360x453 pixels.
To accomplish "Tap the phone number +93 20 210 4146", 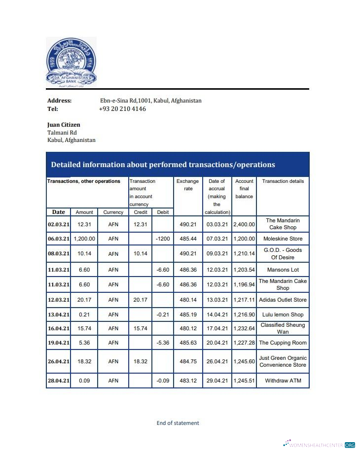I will (x=122, y=109).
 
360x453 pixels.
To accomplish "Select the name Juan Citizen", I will (x=64, y=125).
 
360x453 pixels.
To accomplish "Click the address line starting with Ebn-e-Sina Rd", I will (x=150, y=101).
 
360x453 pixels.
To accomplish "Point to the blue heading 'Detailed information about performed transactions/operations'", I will (x=163, y=165).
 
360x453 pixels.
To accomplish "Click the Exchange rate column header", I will (x=188, y=185).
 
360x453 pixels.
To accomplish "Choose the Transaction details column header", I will (x=283, y=181).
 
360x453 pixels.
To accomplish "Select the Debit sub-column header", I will (x=162, y=212).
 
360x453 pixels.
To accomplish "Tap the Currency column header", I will (x=113, y=212).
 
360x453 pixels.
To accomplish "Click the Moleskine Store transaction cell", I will (x=283, y=239).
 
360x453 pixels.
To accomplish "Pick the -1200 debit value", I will (x=163, y=239).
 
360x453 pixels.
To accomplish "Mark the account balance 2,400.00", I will (x=244, y=224).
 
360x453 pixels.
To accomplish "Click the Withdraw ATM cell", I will (x=283, y=381).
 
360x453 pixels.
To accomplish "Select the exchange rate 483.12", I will (x=188, y=381).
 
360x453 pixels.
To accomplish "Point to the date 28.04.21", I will (x=59, y=381).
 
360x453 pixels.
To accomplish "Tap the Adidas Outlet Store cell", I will (x=283, y=300).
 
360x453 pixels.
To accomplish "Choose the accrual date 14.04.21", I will (x=217, y=314).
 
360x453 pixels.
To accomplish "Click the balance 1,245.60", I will (x=244, y=361).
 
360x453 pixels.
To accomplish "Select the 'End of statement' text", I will (x=178, y=423).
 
